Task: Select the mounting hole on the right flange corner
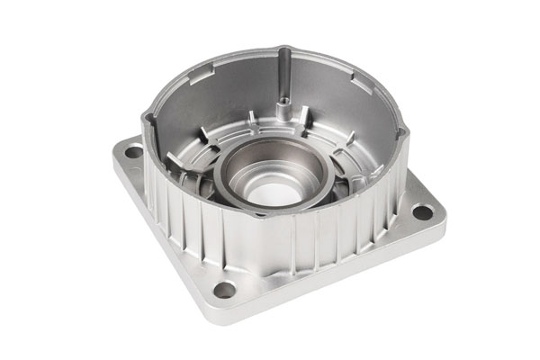coord(422,213)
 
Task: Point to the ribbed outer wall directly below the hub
coord(279,243)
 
